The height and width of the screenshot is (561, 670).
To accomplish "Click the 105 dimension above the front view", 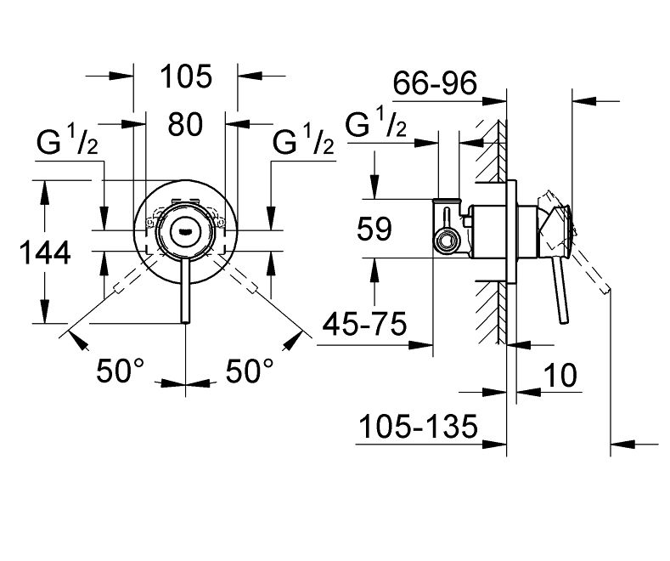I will click(x=186, y=77).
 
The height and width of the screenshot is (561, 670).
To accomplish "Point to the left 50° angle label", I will click(x=121, y=371).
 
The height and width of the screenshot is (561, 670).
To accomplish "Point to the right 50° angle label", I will click(x=251, y=371).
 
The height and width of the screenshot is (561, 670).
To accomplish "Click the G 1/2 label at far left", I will click(x=67, y=144).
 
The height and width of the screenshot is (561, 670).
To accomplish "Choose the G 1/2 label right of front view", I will click(x=303, y=144).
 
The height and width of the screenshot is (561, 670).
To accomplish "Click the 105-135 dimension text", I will click(x=416, y=424).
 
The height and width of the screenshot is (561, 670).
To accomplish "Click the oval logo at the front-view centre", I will click(x=185, y=228).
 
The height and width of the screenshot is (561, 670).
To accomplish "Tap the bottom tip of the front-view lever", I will click(x=185, y=320).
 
